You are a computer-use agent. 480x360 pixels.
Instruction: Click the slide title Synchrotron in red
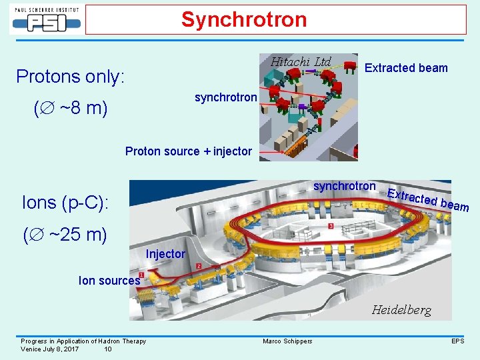(x=243, y=19)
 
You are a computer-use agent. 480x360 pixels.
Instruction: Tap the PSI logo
(x=45, y=20)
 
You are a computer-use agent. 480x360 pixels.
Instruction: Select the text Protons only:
(x=70, y=77)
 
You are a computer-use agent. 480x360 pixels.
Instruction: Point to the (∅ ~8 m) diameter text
(x=70, y=108)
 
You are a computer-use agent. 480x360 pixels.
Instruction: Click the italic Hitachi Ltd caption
(x=300, y=62)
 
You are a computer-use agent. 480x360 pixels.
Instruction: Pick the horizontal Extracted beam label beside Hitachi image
(x=406, y=68)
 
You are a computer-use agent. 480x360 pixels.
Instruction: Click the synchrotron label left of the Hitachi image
(x=225, y=97)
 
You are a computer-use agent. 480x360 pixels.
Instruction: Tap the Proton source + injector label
(x=189, y=151)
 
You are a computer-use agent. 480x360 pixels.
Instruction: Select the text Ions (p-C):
(x=64, y=202)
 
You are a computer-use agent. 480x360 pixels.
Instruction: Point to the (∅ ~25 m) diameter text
(x=65, y=235)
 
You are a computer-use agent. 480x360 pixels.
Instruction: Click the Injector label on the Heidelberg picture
(x=165, y=254)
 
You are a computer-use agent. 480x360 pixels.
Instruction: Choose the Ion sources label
(x=109, y=281)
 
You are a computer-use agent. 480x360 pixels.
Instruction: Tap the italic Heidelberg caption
(x=401, y=310)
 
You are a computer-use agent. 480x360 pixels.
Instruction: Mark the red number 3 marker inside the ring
(x=331, y=227)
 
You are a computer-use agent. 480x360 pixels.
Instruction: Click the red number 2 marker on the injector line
(x=199, y=267)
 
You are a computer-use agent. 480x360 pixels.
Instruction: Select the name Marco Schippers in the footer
(x=287, y=341)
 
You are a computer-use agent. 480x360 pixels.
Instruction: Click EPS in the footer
(x=457, y=341)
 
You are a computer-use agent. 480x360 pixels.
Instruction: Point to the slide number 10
(x=108, y=349)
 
